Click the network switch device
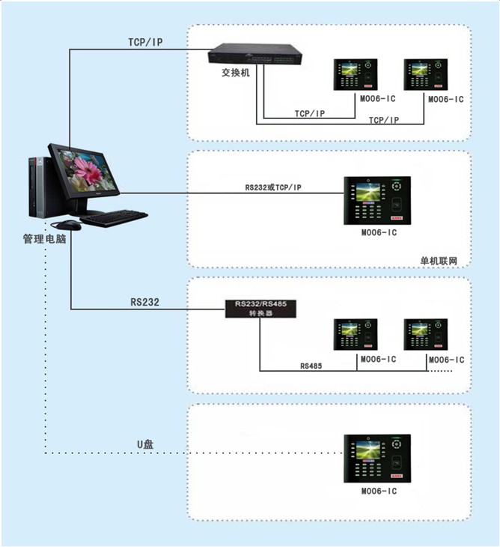point(255,54)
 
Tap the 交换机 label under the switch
point(236,73)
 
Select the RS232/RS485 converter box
point(260,309)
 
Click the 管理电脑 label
point(44,238)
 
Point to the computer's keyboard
point(114,218)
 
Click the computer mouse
point(69,225)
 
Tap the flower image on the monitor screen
point(87,171)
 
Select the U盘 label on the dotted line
point(145,444)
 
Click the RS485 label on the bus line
point(311,366)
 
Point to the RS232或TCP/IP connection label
point(273,187)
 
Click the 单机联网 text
point(439,261)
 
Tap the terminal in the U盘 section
point(377,459)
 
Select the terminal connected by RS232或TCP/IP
point(377,201)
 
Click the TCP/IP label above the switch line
point(145,42)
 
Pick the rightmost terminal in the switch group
point(426,75)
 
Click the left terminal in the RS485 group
point(356,334)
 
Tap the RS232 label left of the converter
point(144,302)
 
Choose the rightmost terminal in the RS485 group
point(426,334)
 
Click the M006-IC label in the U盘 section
point(379,492)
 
